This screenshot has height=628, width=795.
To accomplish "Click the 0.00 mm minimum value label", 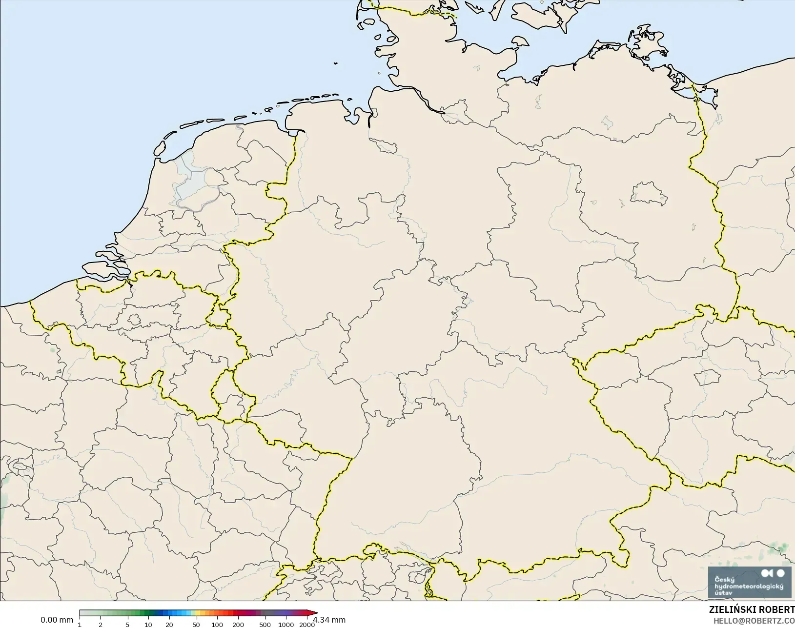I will tap(57, 620).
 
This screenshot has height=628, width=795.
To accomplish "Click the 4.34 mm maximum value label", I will tap(329, 620).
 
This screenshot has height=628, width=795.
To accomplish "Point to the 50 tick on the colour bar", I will tap(196, 625).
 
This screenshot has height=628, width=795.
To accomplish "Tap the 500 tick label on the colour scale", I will tap(265, 625).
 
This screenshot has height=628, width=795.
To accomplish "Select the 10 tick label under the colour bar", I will tap(148, 625).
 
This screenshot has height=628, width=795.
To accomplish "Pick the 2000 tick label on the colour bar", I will tap(306, 625).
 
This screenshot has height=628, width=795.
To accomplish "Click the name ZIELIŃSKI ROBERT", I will tap(752, 610).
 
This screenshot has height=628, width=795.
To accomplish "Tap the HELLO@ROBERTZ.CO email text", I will tap(754, 621).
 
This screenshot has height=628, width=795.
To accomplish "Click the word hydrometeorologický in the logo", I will tap(748, 586).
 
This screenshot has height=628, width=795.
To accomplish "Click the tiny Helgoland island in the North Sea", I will tap(336, 63).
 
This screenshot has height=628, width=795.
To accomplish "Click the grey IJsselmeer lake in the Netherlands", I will tap(195, 183).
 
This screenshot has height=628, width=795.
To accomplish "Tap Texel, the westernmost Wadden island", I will tap(158, 149).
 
